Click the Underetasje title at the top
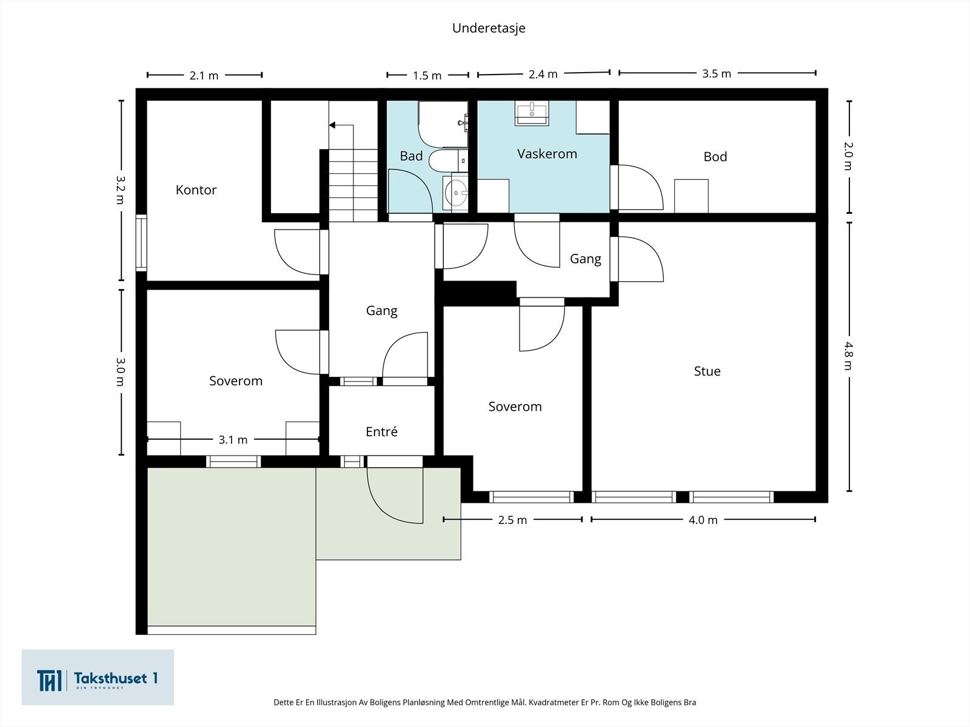[x=489, y=28]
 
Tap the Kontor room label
[x=196, y=190]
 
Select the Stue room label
[x=707, y=371]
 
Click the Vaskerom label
[x=547, y=154]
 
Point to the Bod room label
[x=715, y=156]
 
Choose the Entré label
[x=381, y=431]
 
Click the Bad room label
[x=411, y=156]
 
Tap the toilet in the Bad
[x=448, y=161]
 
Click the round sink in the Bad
[x=456, y=193]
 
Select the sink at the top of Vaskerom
[x=532, y=113]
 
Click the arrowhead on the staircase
[x=332, y=125]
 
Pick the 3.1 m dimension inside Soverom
[x=233, y=440]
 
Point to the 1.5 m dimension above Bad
[x=427, y=76]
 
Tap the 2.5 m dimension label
[x=513, y=520]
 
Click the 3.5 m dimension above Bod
[x=717, y=74]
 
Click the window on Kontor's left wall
[x=141, y=243]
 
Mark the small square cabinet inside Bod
[x=691, y=196]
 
